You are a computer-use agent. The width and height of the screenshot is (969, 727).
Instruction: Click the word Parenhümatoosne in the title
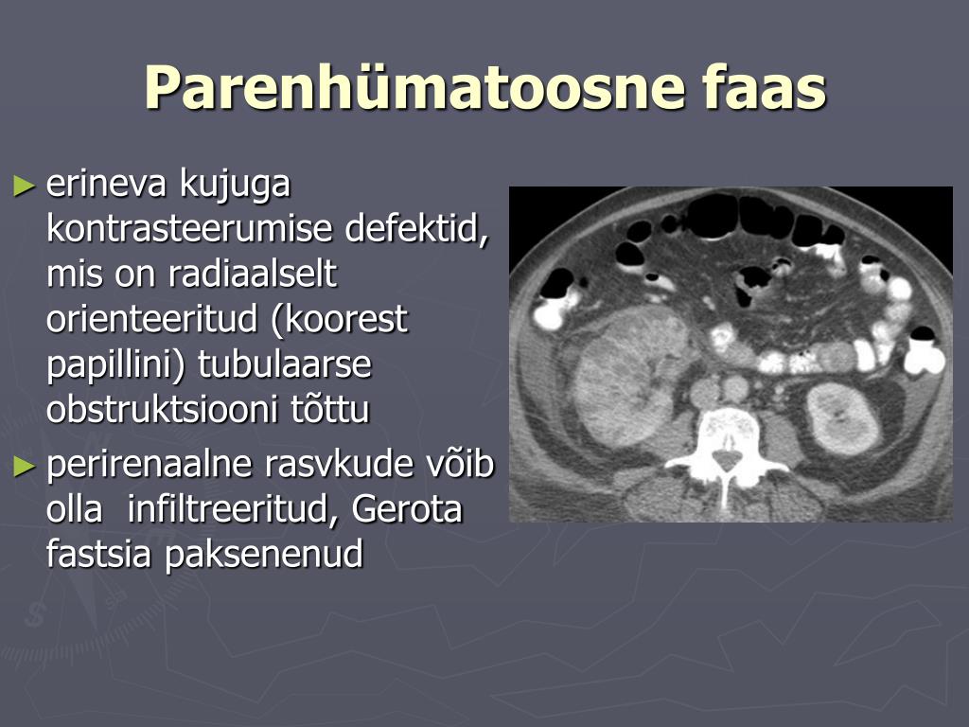click(x=414, y=87)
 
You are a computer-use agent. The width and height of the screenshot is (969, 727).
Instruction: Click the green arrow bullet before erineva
click(x=24, y=185)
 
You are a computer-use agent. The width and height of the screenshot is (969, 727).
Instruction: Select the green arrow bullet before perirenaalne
click(x=24, y=466)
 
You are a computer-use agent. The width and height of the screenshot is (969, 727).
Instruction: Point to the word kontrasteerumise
click(x=188, y=228)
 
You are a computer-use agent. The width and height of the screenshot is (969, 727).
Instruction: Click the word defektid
click(x=417, y=228)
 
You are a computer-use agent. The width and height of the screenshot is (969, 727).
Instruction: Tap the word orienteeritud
click(x=150, y=318)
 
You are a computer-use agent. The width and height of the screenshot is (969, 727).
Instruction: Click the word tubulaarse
click(x=285, y=363)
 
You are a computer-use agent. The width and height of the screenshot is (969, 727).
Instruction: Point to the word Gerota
click(x=407, y=508)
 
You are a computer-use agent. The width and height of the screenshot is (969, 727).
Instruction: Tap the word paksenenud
click(x=264, y=555)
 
